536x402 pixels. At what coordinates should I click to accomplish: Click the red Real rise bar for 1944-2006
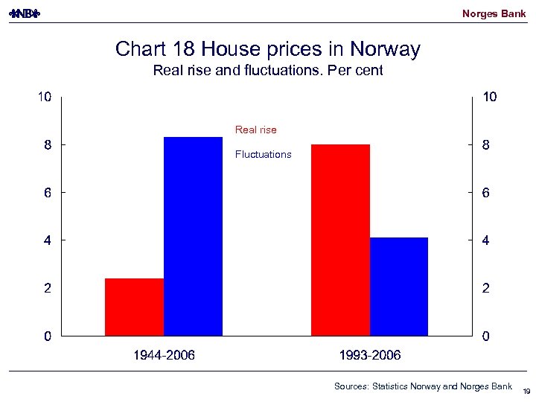tap(135, 307)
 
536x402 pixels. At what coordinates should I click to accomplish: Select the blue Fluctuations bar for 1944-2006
tap(193, 236)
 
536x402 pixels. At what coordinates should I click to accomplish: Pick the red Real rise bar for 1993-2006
tap(340, 240)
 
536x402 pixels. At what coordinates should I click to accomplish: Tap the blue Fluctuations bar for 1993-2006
tap(399, 287)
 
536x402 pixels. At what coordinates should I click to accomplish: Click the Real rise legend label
tap(255, 130)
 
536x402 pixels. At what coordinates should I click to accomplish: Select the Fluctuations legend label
tap(263, 155)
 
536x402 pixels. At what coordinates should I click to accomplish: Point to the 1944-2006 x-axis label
tap(164, 356)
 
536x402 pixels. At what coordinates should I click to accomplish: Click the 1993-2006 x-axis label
tap(370, 356)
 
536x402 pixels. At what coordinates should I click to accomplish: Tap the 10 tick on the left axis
tap(45, 97)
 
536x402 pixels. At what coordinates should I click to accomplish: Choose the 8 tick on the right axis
tap(485, 146)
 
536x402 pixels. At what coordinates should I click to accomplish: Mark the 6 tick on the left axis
tap(48, 193)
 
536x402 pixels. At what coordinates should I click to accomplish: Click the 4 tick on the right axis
tap(485, 240)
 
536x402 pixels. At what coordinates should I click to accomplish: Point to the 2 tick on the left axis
tap(48, 288)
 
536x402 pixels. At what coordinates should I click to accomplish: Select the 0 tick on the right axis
tap(485, 336)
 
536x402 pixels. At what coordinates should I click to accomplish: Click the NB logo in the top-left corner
tap(25, 13)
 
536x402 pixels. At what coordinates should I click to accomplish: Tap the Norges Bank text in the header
tap(494, 13)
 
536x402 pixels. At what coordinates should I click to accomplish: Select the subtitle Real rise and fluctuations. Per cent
tap(268, 71)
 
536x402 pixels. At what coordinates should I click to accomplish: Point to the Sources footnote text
tap(423, 386)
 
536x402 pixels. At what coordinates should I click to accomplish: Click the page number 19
tap(526, 391)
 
